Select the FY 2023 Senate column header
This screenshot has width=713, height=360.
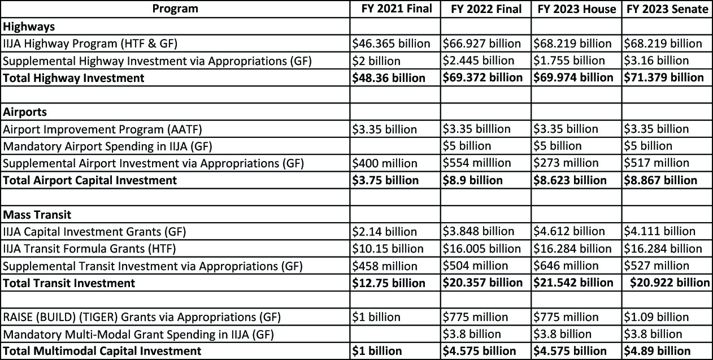(x=667, y=9)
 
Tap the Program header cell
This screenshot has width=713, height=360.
(x=175, y=8)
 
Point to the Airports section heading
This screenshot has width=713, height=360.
(x=25, y=112)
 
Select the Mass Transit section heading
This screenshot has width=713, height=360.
(x=37, y=215)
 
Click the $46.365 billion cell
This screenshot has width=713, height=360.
(x=391, y=44)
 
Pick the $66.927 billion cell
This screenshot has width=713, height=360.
(x=482, y=44)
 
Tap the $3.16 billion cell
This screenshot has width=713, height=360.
(x=656, y=60)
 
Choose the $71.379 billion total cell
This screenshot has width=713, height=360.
(x=664, y=77)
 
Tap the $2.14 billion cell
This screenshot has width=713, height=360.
(x=384, y=232)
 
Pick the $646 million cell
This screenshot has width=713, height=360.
(x=567, y=266)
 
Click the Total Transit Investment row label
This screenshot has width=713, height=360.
(x=69, y=283)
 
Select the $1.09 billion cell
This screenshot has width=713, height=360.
(x=656, y=317)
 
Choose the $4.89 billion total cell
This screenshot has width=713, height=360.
(x=657, y=351)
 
